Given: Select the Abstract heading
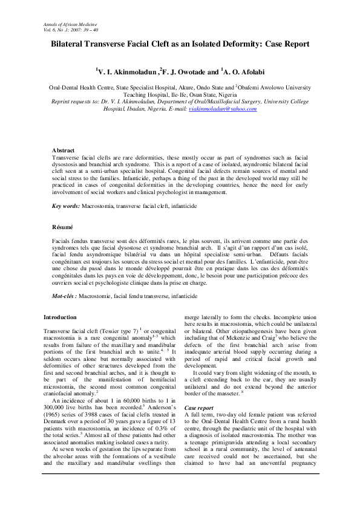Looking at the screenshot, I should [x=63, y=150].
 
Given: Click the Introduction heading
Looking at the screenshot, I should [x=60, y=317].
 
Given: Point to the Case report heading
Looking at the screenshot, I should [x=198, y=408].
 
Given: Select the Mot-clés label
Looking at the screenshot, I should [x=64, y=296].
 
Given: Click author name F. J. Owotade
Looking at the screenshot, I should [x=185, y=72].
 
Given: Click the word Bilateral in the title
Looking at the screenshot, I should [x=71, y=44].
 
